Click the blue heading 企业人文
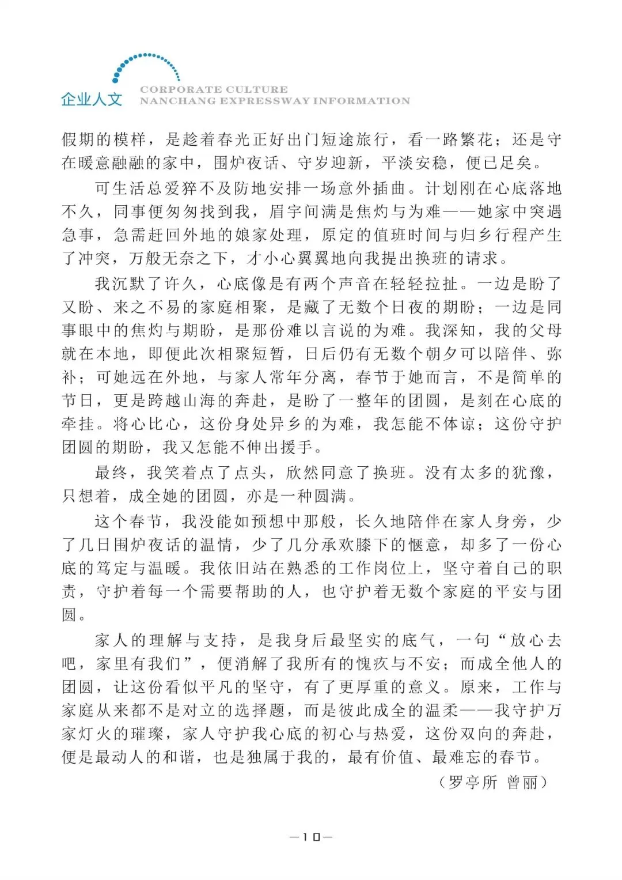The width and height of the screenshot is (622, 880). coord(92,99)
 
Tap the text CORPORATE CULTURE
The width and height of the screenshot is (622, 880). coord(214,89)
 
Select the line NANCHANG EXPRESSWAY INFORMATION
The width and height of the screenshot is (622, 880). coord(275,101)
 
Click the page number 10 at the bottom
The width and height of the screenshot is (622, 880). coord(311,837)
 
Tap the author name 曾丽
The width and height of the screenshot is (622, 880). coord(522,782)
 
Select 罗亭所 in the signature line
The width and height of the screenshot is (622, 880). coord(473,782)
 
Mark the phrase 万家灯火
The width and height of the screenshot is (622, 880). coord(545,710)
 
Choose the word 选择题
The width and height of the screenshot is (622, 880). coord(252,710)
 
